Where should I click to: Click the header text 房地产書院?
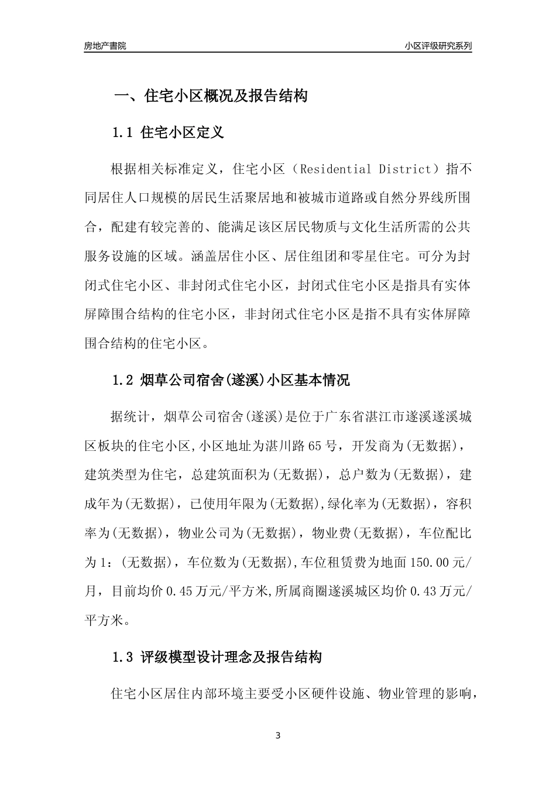click(105, 46)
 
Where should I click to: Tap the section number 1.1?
click(123, 133)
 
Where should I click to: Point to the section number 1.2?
click(123, 381)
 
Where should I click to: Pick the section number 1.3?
click(123, 657)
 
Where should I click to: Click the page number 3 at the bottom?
click(278, 735)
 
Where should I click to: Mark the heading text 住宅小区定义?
click(183, 133)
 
